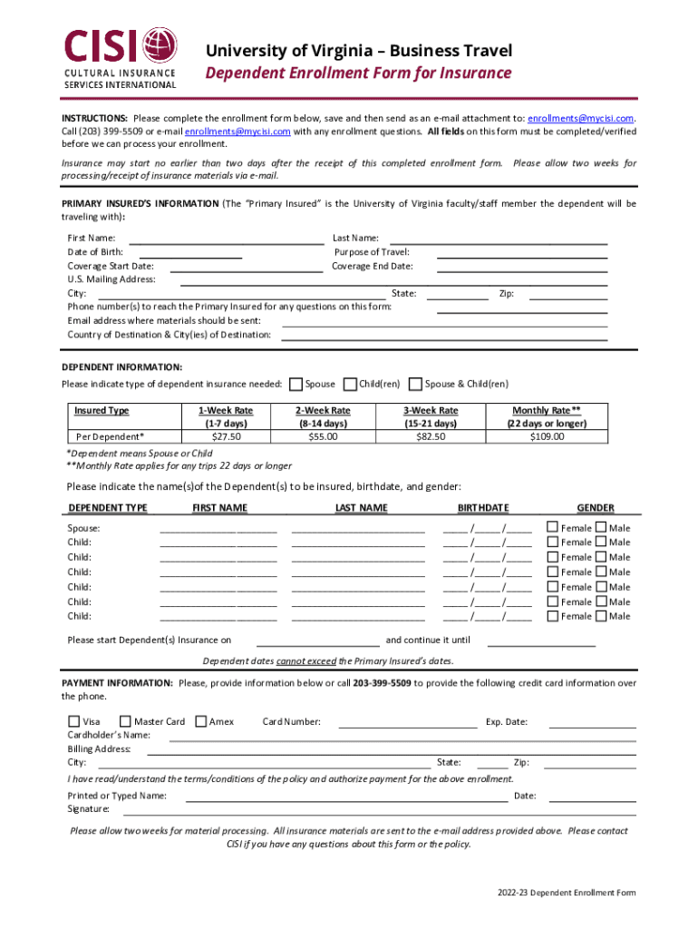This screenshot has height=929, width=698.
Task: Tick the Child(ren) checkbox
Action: pyautogui.click(x=349, y=384)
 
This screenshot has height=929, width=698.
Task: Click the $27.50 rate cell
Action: pyautogui.click(x=225, y=436)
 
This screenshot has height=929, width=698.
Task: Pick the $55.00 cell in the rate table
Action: pyautogui.click(x=322, y=436)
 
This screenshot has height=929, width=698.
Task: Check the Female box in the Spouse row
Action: pyautogui.click(x=552, y=527)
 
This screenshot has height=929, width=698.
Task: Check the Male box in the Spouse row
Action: pyautogui.click(x=600, y=527)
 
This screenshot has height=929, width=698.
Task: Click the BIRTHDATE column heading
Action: pyautogui.click(x=482, y=507)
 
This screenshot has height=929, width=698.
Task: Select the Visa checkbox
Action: pyautogui.click(x=73, y=722)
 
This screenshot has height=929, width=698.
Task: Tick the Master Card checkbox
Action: pyautogui.click(x=125, y=722)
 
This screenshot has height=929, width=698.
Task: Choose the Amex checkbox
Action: pyautogui.click(x=200, y=722)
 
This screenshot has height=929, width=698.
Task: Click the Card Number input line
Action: pyautogui.click(x=407, y=723)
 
